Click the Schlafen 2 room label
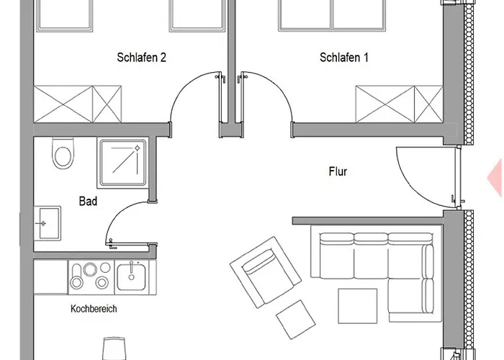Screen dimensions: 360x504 (142, 58)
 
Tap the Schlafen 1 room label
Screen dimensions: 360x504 (344, 58)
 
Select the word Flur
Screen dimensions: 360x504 (338, 172)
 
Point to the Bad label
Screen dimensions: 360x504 (88, 202)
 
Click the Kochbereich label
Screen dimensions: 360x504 (94, 309)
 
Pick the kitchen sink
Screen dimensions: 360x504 (132, 275)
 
